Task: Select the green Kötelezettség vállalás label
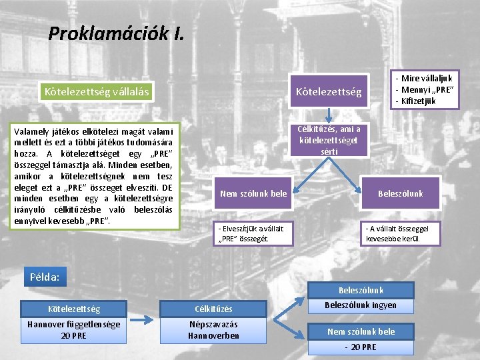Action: click(96, 91)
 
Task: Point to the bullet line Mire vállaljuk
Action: click(427, 79)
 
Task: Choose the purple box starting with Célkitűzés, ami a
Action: click(329, 140)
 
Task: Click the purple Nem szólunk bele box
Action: click(253, 193)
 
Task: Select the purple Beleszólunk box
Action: click(400, 193)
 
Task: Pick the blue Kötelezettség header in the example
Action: click(75, 309)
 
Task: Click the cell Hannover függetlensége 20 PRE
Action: click(75, 330)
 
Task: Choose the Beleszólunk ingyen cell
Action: click(361, 305)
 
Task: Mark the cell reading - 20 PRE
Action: click(361, 347)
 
